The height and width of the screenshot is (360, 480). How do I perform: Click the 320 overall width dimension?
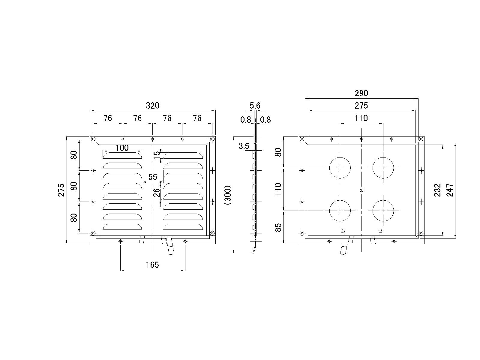(152, 106)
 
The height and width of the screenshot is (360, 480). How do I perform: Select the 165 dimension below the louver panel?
(152, 265)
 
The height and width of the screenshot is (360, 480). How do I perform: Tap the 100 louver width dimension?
(122, 148)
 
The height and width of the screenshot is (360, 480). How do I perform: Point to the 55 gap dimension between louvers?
(153, 177)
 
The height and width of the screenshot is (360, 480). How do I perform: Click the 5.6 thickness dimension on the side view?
(255, 106)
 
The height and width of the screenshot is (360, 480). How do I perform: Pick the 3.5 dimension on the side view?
(244, 146)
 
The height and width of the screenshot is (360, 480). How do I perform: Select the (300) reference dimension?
(228, 195)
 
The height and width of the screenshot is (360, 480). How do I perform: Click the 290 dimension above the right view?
(361, 93)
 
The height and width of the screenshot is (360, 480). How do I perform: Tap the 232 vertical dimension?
(438, 190)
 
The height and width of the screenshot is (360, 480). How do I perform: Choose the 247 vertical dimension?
(450, 190)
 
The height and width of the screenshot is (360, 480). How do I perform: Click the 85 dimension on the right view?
(279, 227)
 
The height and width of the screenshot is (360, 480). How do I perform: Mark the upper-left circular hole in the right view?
(340, 168)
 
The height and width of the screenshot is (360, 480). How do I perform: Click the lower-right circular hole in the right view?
(383, 211)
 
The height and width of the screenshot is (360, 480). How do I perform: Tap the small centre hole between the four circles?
(361, 190)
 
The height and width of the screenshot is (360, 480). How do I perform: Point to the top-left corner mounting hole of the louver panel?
(93, 139)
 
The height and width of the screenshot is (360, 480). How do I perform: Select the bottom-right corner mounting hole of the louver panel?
(212, 233)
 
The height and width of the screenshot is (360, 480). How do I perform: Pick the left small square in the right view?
(343, 231)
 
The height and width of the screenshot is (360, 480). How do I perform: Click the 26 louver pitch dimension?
(157, 192)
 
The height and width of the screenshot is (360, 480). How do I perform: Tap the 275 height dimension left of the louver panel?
(61, 190)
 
